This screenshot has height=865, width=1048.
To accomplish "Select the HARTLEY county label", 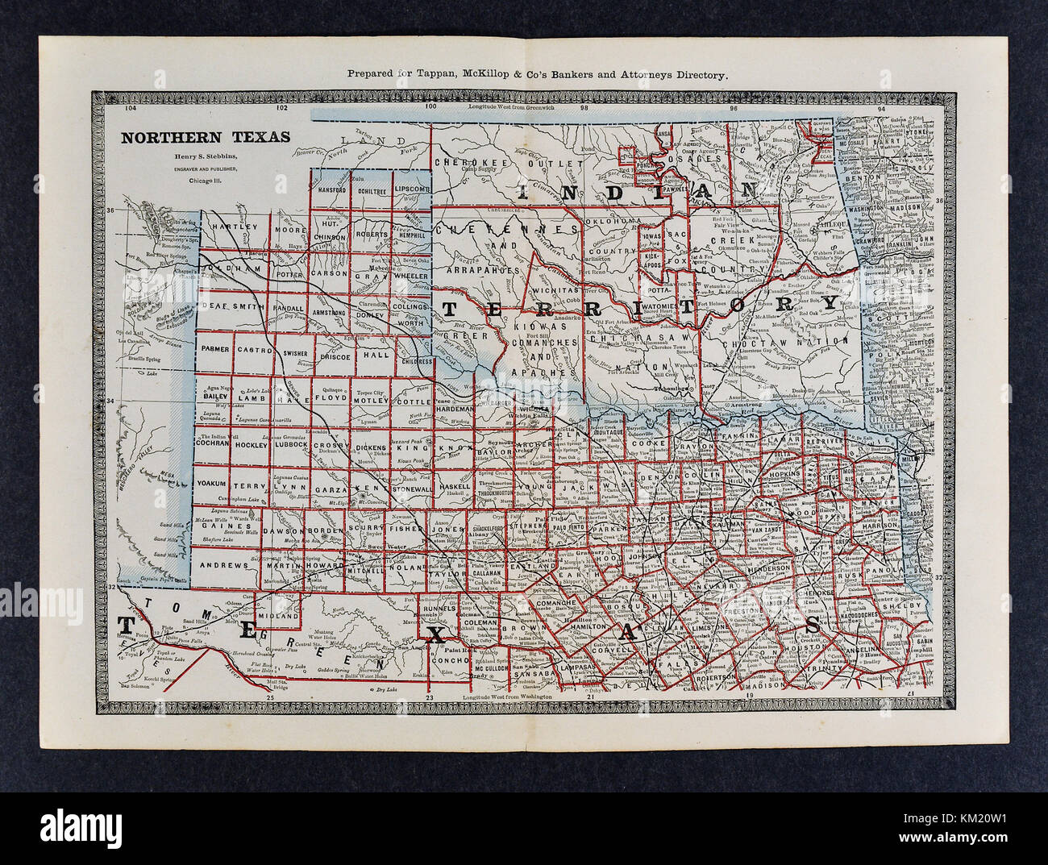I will coord(228,228).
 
